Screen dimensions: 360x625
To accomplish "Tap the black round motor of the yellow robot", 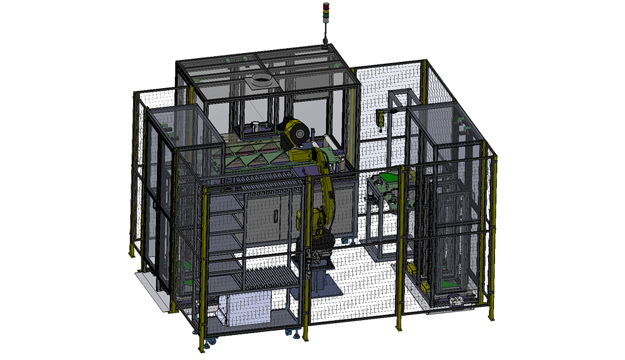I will coord(294,134).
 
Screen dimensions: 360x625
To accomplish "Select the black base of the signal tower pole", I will coord(325,42).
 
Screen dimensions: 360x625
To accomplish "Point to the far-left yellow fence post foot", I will coord(132,254).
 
